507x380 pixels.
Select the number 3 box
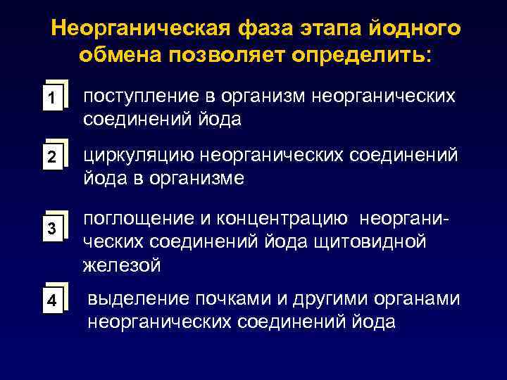pos(51,229)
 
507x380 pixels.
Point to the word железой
pos(121,266)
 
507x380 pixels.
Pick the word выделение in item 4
pos(134,299)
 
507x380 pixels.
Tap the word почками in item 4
pos(225,299)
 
